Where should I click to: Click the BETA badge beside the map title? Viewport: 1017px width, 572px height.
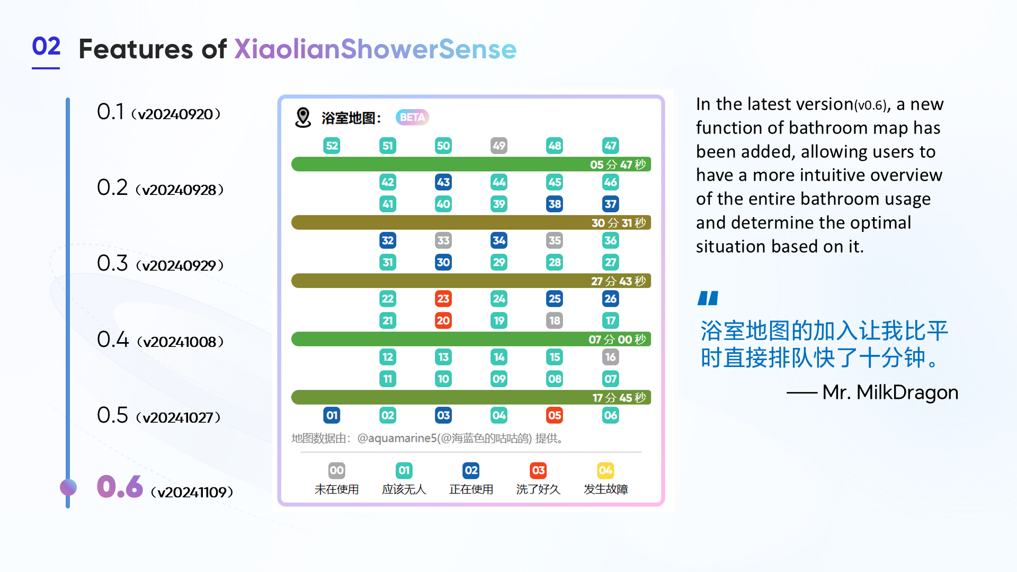pyautogui.click(x=412, y=117)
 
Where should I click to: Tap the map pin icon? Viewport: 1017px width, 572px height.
pyautogui.click(x=303, y=117)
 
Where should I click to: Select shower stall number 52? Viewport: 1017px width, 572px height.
pyautogui.click(x=332, y=146)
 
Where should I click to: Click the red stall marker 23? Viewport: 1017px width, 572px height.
pyautogui.click(x=443, y=299)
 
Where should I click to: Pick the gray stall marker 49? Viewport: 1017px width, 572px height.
pyautogui.click(x=499, y=146)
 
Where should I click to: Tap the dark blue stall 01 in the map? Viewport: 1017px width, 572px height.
pyautogui.click(x=332, y=415)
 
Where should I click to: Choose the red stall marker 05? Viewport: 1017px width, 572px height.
pyautogui.click(x=555, y=415)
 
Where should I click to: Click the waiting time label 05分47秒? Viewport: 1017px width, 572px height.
pyautogui.click(x=618, y=165)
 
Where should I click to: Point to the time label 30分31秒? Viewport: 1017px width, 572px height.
pyautogui.click(x=618, y=223)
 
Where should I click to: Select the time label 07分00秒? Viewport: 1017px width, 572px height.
pyautogui.click(x=617, y=339)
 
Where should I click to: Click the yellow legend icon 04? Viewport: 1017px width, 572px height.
pyautogui.click(x=605, y=470)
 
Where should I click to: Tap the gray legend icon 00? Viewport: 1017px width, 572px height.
pyautogui.click(x=337, y=470)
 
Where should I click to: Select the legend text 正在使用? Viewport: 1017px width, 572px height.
pyautogui.click(x=471, y=489)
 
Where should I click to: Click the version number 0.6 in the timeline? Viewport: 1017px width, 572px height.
pyautogui.click(x=120, y=487)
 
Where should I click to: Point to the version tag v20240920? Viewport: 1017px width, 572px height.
pyautogui.click(x=176, y=114)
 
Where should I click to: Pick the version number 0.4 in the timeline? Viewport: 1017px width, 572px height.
pyautogui.click(x=113, y=339)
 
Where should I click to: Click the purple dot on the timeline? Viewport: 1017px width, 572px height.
pyautogui.click(x=68, y=487)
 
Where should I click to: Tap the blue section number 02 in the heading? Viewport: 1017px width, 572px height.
pyautogui.click(x=46, y=47)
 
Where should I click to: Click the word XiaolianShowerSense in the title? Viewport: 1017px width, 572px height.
pyautogui.click(x=375, y=49)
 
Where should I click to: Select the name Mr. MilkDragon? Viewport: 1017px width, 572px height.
pyautogui.click(x=890, y=392)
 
